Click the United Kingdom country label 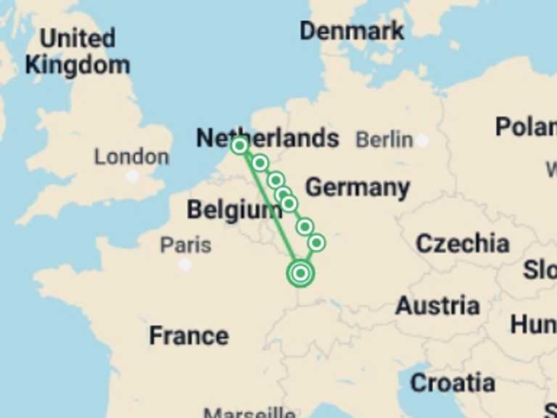(78, 51)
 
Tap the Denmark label (352, 30)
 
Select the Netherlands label (268, 138)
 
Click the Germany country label (357, 187)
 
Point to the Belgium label (234, 210)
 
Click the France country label (189, 335)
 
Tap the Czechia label (462, 243)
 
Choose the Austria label (437, 306)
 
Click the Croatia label (452, 382)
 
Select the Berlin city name (384, 139)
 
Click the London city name (131, 156)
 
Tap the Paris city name (186, 245)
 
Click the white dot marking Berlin (422, 140)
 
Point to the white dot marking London (132, 176)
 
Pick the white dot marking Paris (185, 265)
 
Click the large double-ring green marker (300, 274)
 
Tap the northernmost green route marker (239, 146)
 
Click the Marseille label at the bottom (249, 412)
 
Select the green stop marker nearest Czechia (316, 242)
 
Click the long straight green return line (270, 210)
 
